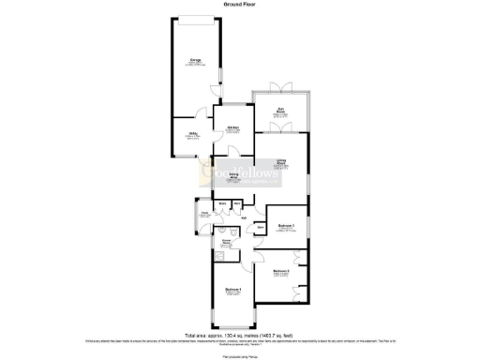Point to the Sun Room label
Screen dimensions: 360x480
click(x=279, y=112)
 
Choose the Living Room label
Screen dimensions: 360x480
click(x=281, y=163)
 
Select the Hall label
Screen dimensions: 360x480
click(x=243, y=217)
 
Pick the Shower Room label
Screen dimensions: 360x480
click(x=226, y=244)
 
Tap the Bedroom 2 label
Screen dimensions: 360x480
click(x=280, y=273)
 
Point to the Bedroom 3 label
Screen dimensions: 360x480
click(x=287, y=226)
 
